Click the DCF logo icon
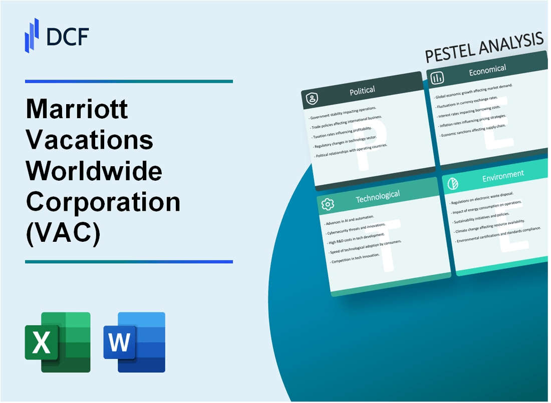(32, 35)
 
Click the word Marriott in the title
(77, 110)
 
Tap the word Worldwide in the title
(94, 171)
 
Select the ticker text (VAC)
(63, 233)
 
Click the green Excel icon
(58, 342)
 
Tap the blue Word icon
(134, 342)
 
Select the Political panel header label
(363, 90)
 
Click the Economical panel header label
(487, 70)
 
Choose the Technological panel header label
(377, 197)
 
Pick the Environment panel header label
(503, 174)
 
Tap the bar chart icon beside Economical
(437, 78)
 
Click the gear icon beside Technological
(328, 204)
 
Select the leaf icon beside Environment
(453, 183)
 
